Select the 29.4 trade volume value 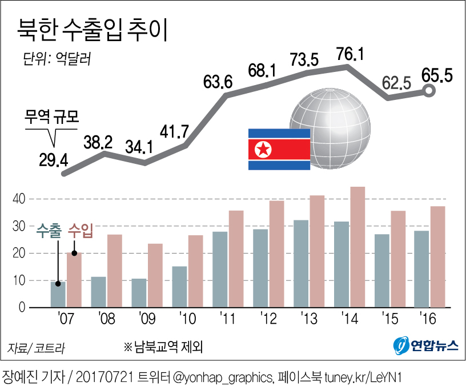point(54,159)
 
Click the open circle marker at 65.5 point(429,90)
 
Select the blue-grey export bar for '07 point(58,294)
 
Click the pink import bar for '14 point(357,247)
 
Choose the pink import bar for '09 point(155,275)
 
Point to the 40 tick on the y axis point(19,199)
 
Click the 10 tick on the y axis point(19,280)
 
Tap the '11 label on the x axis point(228,317)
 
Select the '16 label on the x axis point(429,317)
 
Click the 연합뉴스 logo point(426,345)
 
